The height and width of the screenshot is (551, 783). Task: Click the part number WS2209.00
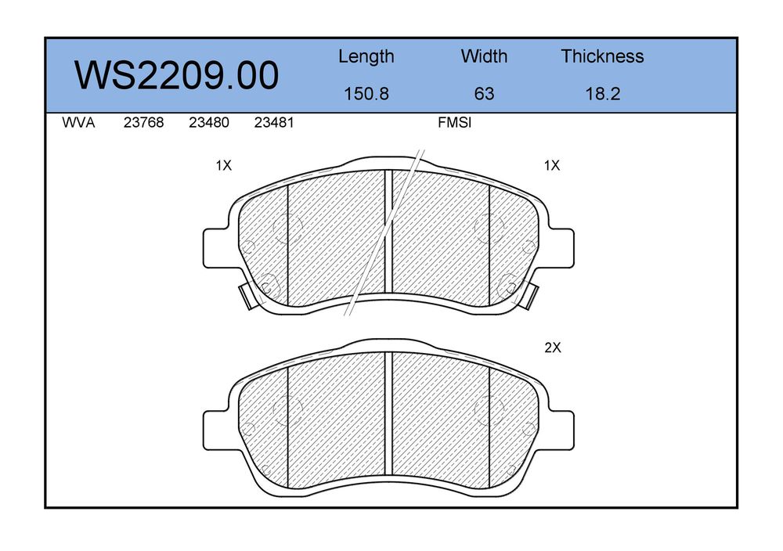tap(176, 75)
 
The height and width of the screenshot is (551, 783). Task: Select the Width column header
tap(484, 56)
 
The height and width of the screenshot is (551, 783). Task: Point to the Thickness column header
tap(602, 56)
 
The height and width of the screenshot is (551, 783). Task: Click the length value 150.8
tap(366, 94)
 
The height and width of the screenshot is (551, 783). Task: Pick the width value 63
tap(484, 94)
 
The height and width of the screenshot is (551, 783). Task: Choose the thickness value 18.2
tap(603, 94)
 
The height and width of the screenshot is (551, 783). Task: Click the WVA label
tap(78, 123)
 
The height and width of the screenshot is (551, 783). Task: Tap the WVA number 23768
tap(143, 123)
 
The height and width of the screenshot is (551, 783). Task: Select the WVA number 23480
tap(209, 123)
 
